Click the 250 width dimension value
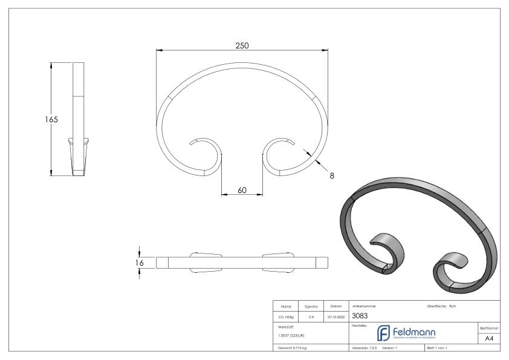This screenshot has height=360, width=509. [x=242, y=45]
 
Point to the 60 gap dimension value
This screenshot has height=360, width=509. [x=242, y=190]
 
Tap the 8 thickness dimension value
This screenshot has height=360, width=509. [x=331, y=176]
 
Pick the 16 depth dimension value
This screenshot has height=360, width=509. [x=140, y=262]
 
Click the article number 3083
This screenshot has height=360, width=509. [x=359, y=315]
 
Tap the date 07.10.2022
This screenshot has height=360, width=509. [x=335, y=315]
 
